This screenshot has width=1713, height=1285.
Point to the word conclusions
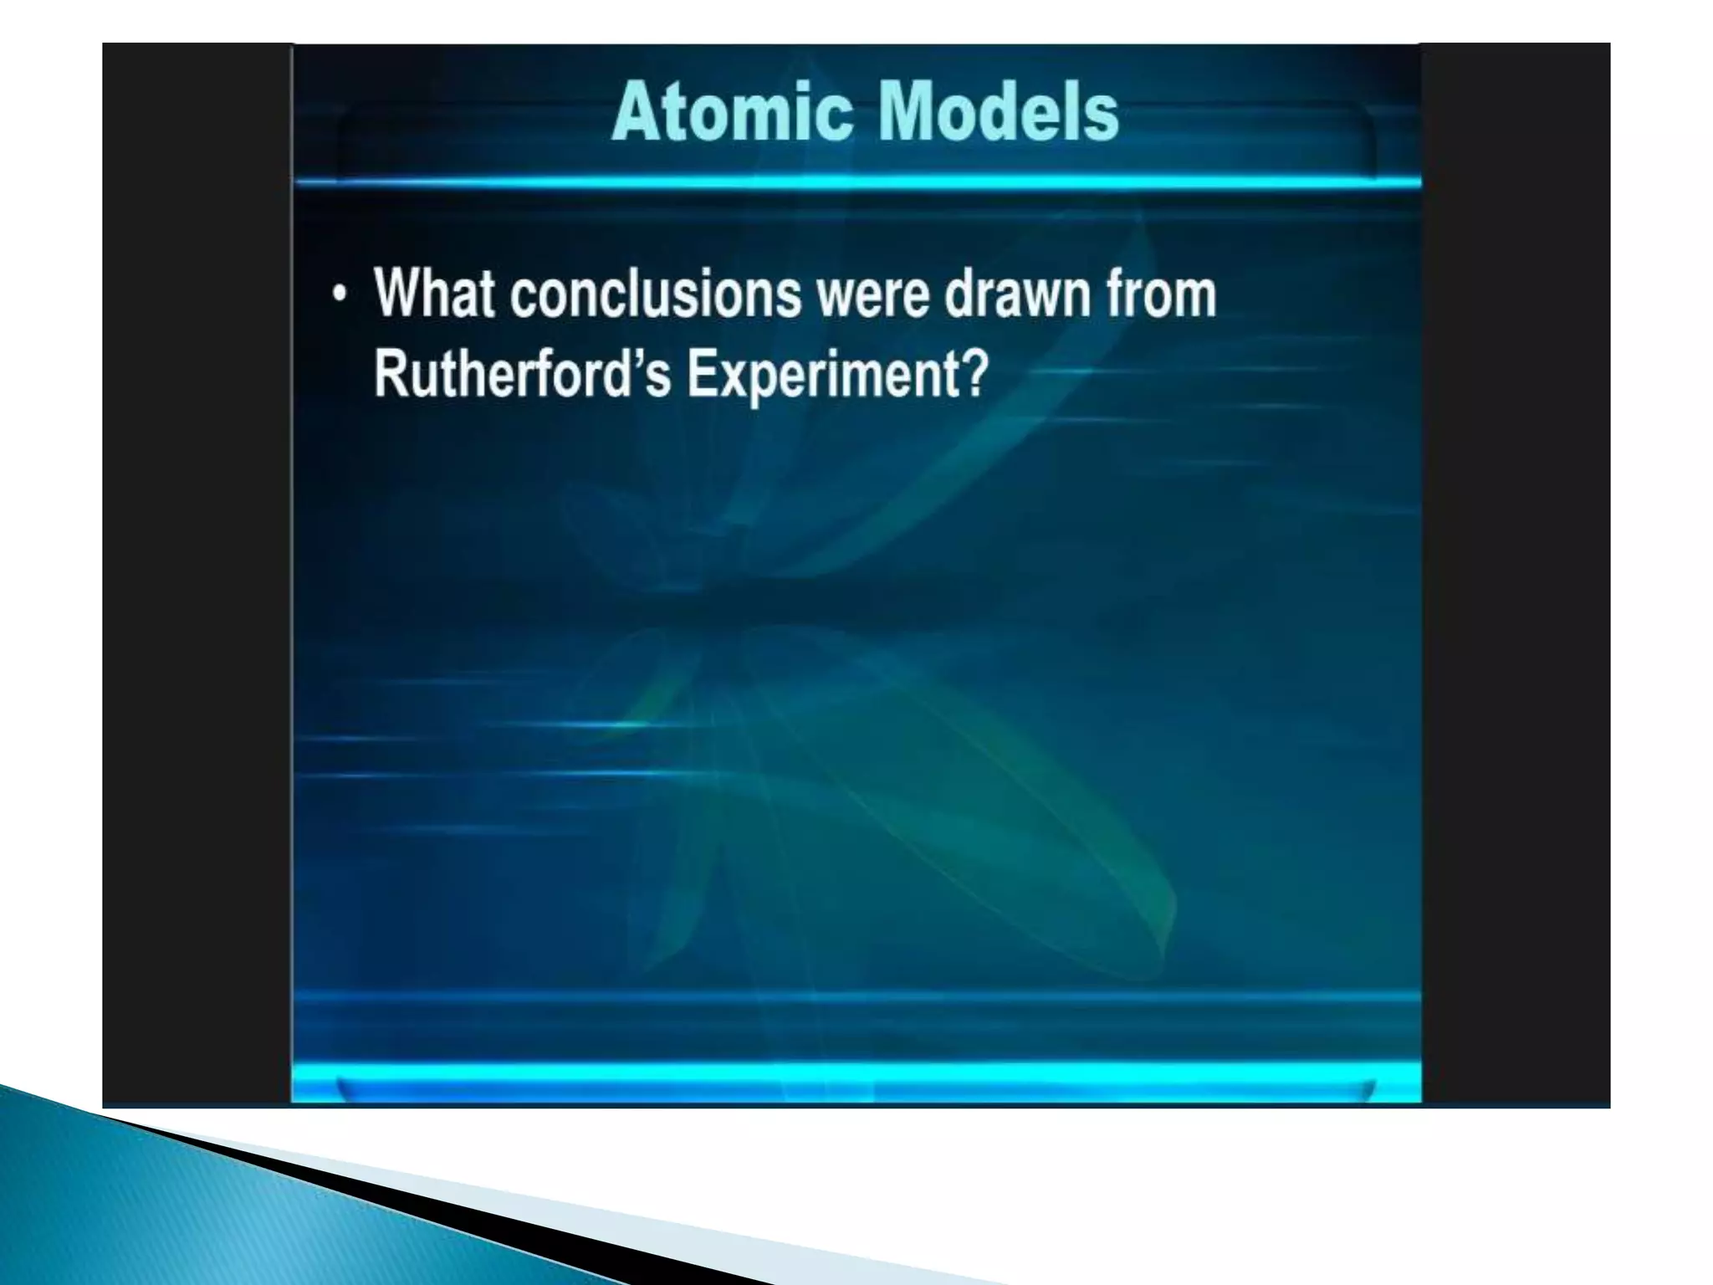pos(655,294)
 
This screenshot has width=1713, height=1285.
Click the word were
pos(873,294)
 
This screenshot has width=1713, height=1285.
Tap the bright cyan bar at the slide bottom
pos(856,1076)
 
